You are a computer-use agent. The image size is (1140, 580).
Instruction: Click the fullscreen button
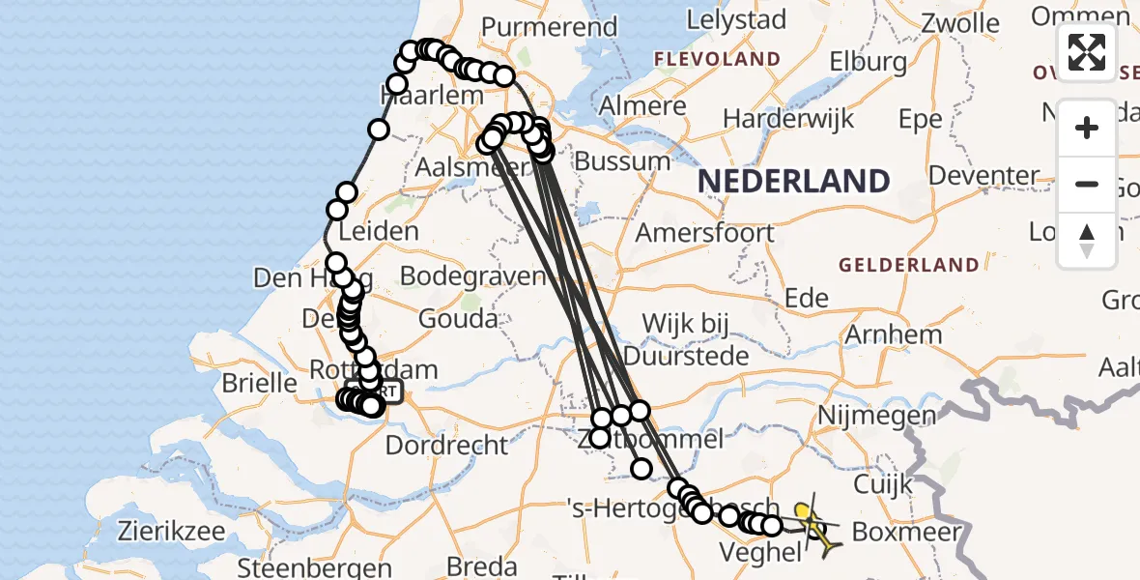click(x=1087, y=51)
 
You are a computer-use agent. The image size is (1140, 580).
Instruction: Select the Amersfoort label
click(x=704, y=233)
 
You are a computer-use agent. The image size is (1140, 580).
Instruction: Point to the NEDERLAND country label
click(x=793, y=182)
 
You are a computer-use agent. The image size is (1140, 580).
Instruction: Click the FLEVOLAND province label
click(x=717, y=59)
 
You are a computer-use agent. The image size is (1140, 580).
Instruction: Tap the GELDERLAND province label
click(x=908, y=265)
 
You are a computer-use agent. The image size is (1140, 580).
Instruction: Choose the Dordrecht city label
click(x=446, y=446)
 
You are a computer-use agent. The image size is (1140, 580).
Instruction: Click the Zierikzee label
click(x=172, y=531)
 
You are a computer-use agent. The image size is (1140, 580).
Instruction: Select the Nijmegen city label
click(x=876, y=417)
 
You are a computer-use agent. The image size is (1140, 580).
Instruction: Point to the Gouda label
click(x=459, y=318)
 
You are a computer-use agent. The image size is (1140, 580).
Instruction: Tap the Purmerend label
click(x=548, y=26)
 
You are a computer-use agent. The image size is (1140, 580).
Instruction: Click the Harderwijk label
click(x=788, y=119)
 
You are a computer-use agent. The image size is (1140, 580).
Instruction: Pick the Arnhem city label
click(x=893, y=335)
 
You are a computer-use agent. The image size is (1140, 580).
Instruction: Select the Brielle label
click(x=259, y=382)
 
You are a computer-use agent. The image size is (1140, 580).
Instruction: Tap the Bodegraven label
click(x=473, y=275)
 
